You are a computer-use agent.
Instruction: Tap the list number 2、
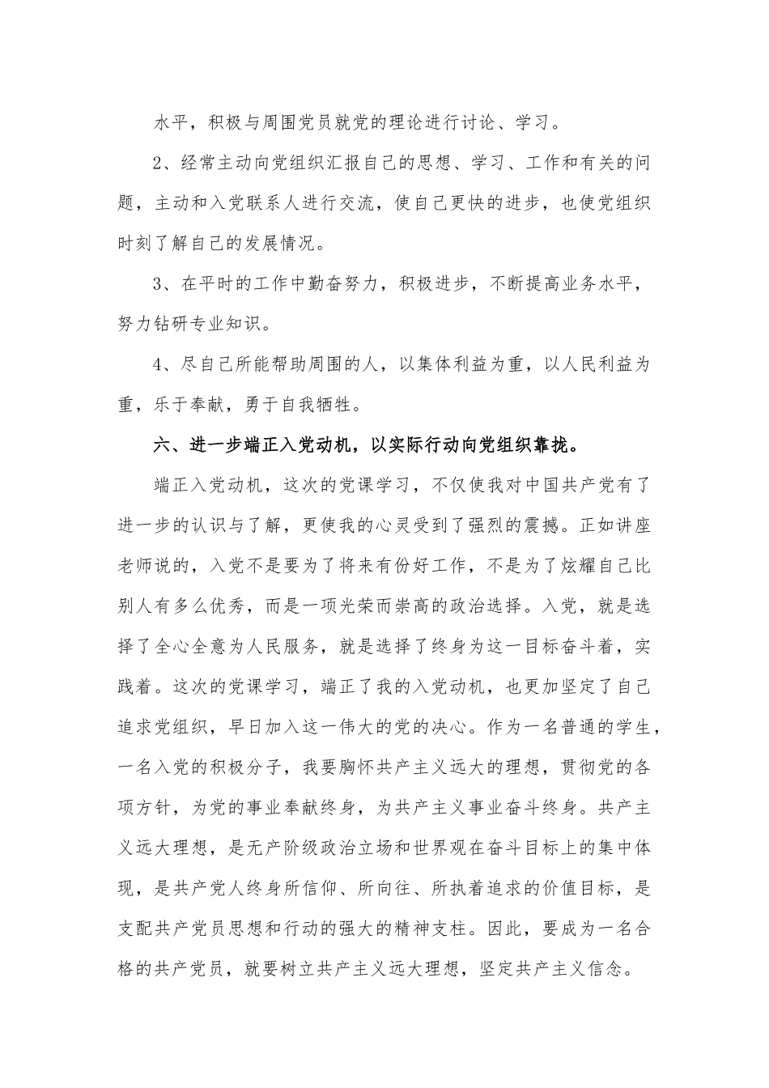164,164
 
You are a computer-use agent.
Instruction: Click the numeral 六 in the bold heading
162,444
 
